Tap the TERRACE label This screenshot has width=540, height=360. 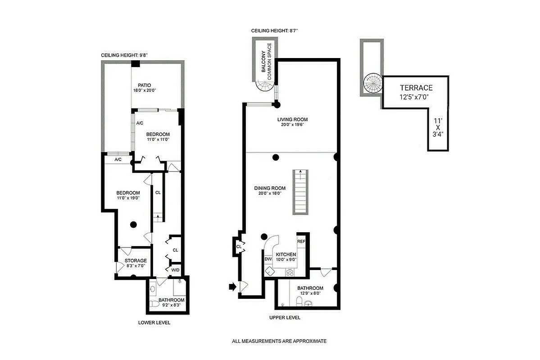pyautogui.click(x=416, y=88)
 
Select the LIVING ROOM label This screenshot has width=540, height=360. pyautogui.click(x=292, y=119)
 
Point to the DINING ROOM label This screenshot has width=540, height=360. pyautogui.click(x=270, y=188)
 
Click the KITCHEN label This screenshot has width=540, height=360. pyautogui.click(x=286, y=254)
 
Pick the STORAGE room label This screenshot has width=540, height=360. pyautogui.click(x=136, y=261)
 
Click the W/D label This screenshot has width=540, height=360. pyautogui.click(x=175, y=270)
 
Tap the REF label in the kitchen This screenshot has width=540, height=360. pyautogui.click(x=301, y=242)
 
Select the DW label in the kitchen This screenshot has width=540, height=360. pyautogui.click(x=268, y=259)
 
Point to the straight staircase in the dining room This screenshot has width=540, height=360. pyautogui.click(x=299, y=192)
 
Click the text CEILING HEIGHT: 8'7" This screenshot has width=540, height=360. pyautogui.click(x=275, y=31)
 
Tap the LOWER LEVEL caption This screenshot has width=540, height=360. pyautogui.click(x=154, y=323)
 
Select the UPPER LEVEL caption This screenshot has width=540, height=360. pyautogui.click(x=285, y=317)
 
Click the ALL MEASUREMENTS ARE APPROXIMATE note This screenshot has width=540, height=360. pyautogui.click(x=279, y=341)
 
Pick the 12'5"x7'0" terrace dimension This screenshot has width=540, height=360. pyautogui.click(x=416, y=97)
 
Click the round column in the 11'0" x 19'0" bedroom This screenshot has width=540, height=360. pyautogui.click(x=133, y=224)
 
